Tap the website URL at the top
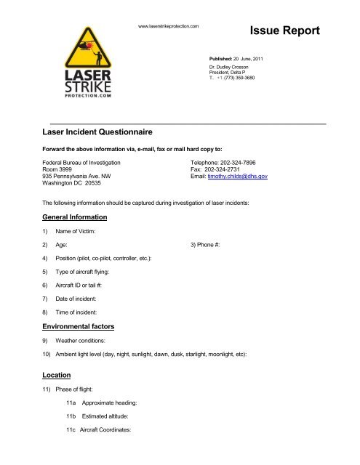click(168, 26)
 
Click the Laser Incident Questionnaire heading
click(99, 133)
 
